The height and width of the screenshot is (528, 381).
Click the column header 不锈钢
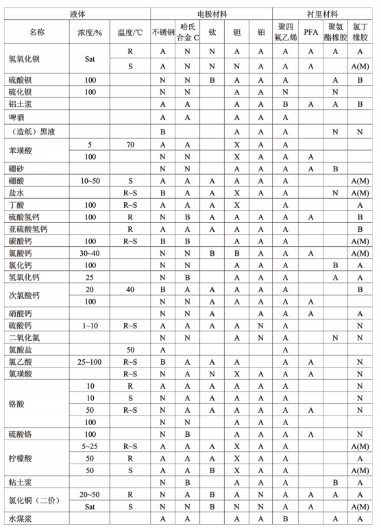(x=162, y=32)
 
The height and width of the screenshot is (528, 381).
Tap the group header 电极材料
(x=211, y=13)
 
